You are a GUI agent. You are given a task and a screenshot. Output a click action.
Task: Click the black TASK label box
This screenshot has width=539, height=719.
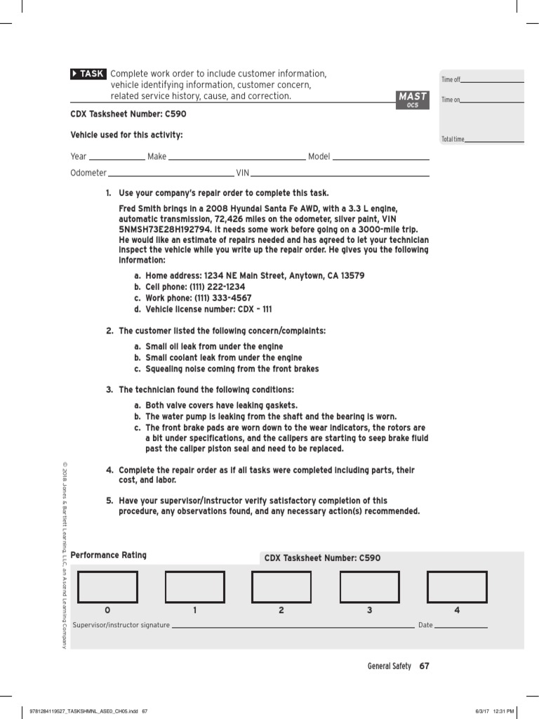pos(88,74)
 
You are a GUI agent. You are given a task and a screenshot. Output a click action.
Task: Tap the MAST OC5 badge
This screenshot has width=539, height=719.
pos(412,100)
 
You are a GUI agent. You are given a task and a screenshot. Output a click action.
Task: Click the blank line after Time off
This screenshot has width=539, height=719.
pos(492,81)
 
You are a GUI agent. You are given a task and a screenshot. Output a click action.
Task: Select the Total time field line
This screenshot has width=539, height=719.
pos(494,141)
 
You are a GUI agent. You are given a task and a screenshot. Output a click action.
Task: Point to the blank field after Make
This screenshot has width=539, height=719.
pos(237,159)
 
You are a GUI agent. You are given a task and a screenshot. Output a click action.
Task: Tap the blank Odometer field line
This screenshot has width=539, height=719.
pos(171,175)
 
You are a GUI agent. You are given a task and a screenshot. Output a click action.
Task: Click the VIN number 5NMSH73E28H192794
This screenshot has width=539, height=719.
pos(166,229)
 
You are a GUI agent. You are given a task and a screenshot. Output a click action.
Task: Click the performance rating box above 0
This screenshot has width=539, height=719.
pos(107,587)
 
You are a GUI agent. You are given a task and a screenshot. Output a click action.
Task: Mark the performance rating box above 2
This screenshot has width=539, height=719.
pos(281,587)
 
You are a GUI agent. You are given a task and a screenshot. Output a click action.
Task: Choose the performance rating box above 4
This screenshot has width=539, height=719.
pos(456,587)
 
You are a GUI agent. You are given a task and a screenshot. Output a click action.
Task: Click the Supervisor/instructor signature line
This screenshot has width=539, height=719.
pos(293,625)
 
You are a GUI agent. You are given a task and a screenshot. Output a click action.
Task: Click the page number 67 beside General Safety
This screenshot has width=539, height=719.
pos(424,666)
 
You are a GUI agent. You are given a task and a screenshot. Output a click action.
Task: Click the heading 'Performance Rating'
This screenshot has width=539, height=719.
pos(109,555)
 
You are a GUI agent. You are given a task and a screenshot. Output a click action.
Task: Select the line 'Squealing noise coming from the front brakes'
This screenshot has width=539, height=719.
pos(232,369)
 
